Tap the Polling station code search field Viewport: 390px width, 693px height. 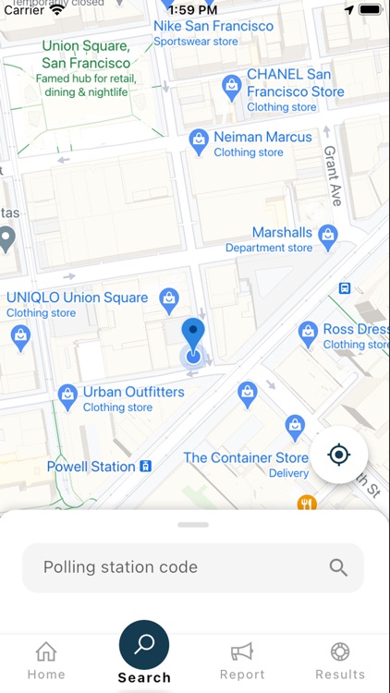point(176,567)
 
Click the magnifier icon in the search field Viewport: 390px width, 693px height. point(338,567)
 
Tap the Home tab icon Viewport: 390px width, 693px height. point(46,652)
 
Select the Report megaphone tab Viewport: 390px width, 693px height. point(242,652)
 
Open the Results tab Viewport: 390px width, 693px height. point(340,652)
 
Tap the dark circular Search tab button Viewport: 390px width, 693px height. point(144,645)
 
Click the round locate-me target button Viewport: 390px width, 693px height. point(339,455)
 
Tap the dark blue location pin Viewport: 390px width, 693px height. point(192,334)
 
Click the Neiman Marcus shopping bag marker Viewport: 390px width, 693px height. point(198,140)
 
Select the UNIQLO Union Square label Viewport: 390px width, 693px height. point(78,298)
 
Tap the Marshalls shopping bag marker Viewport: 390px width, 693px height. point(327,237)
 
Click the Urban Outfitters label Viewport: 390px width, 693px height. point(133,392)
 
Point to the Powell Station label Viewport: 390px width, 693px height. point(91,467)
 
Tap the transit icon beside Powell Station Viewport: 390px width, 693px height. point(145,467)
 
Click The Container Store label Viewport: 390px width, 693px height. point(246,457)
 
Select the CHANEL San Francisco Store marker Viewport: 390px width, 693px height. point(232,87)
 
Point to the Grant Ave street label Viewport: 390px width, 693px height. point(333,176)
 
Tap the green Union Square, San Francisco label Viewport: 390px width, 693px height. point(86,55)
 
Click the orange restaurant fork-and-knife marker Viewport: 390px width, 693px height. point(307,504)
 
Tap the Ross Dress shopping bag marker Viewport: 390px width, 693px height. point(309,334)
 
